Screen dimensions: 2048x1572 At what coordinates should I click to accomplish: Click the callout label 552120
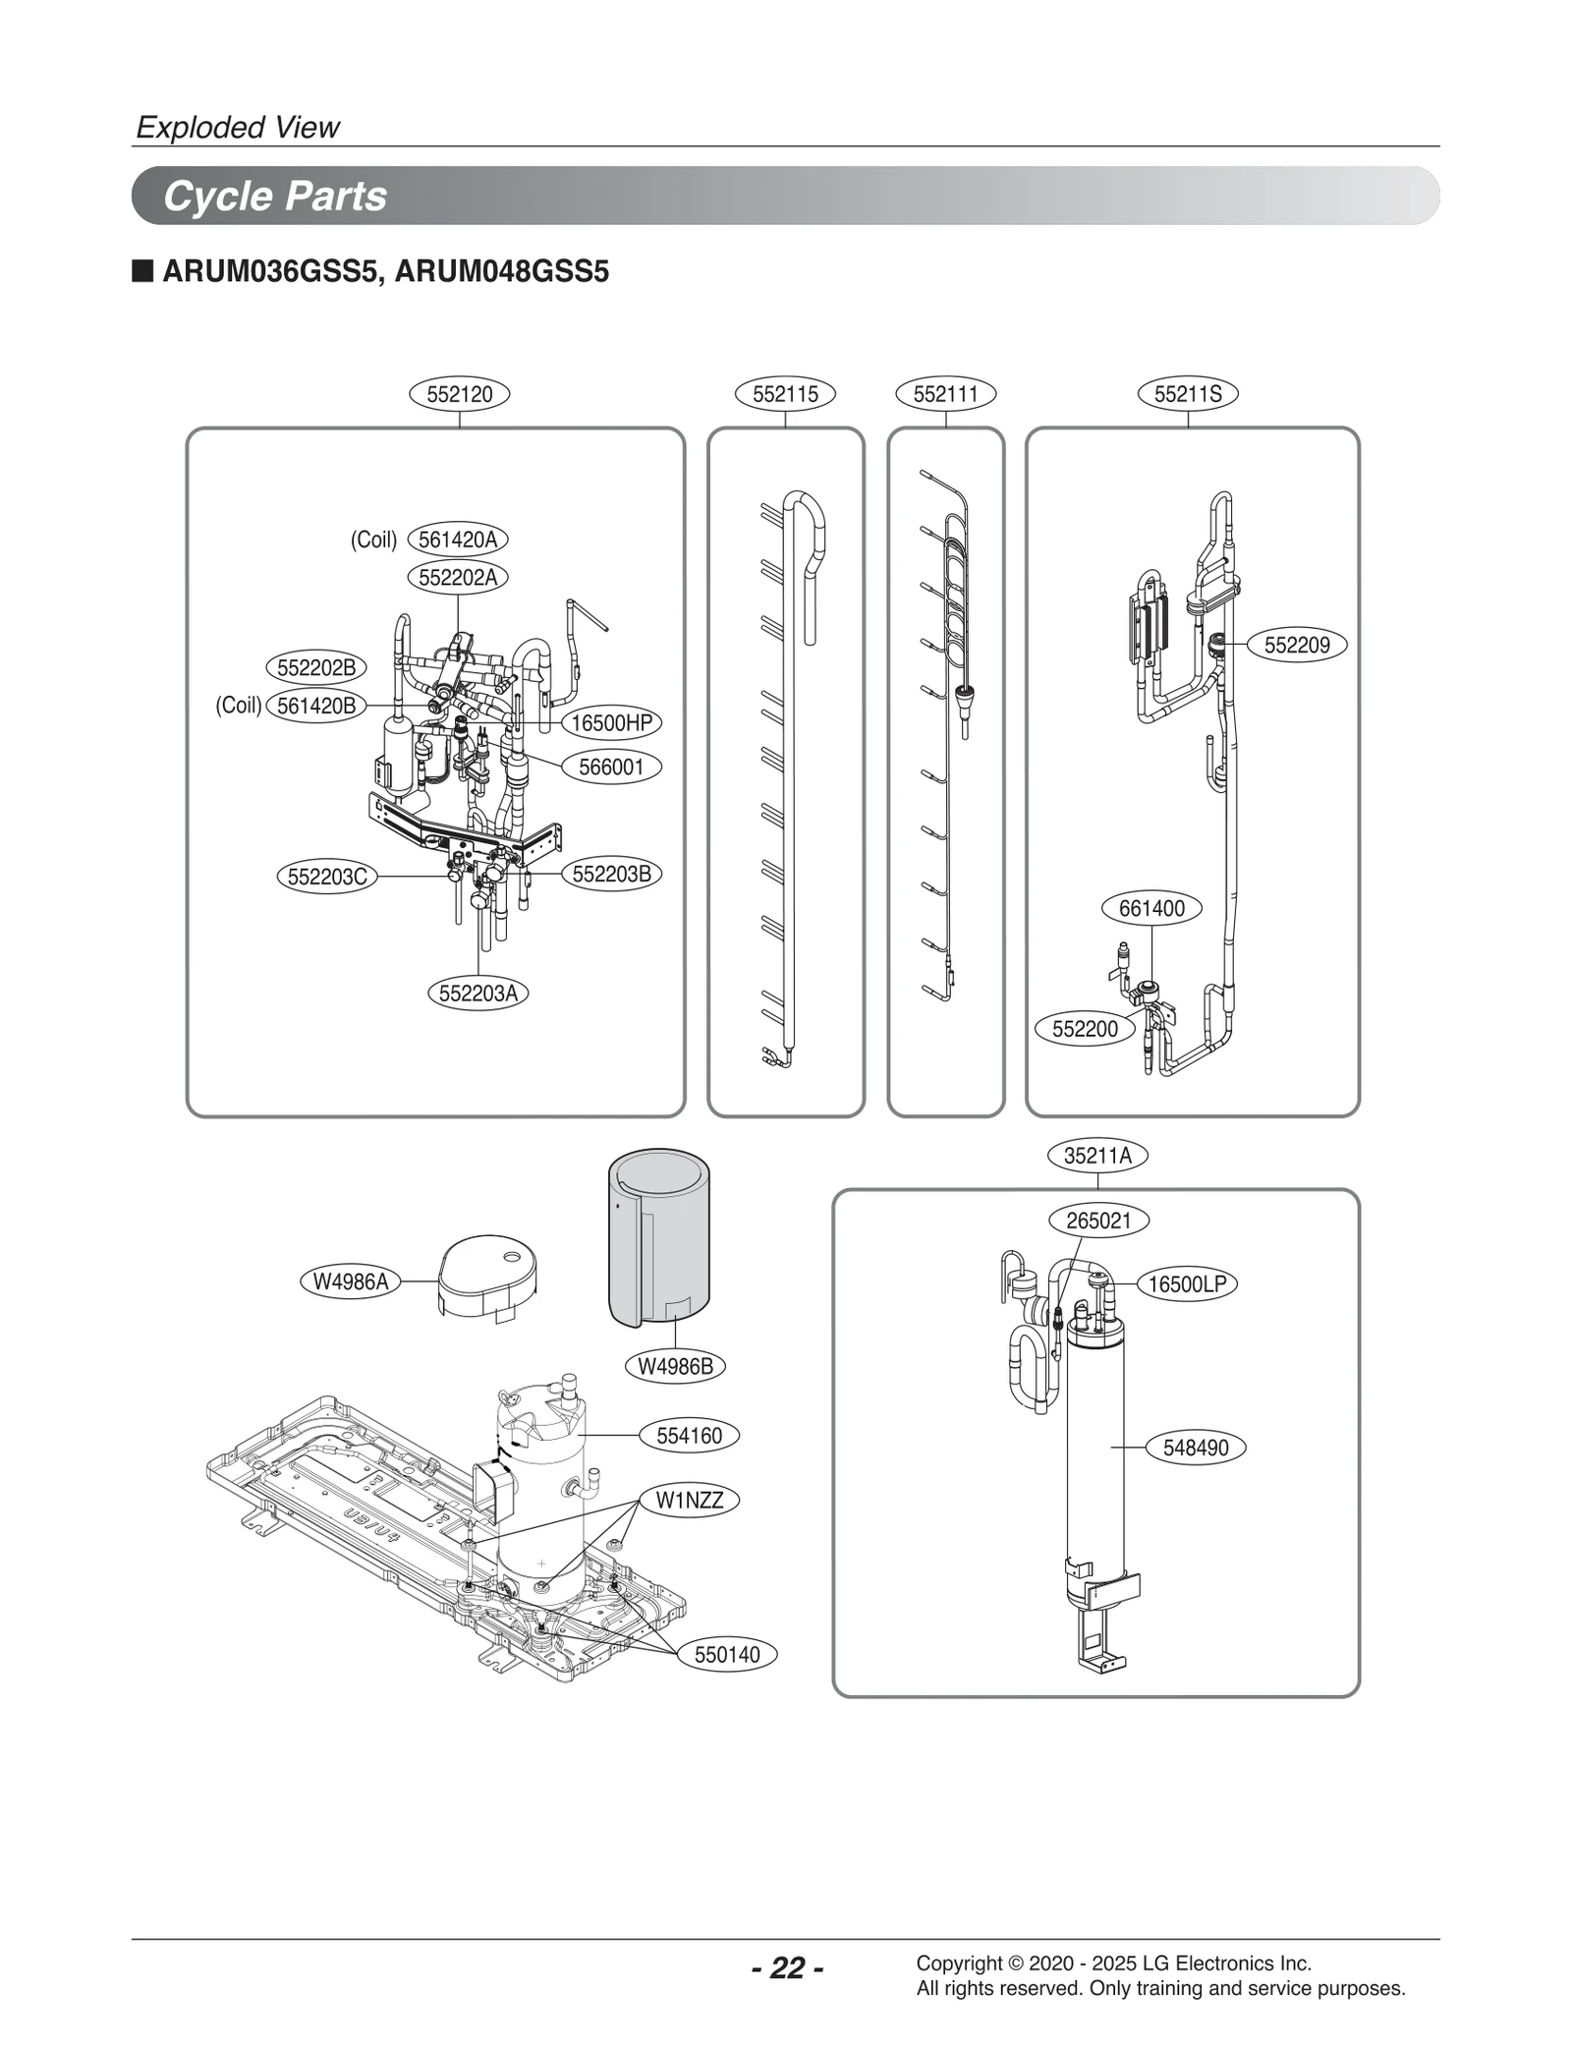(459, 394)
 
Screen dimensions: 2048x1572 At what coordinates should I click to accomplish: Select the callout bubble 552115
(785, 394)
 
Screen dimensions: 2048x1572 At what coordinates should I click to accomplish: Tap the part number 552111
(945, 394)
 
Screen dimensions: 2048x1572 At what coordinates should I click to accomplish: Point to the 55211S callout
(1188, 394)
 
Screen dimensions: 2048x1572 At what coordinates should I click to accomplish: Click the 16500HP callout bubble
(611, 723)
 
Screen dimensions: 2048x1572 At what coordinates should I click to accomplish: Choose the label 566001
(610, 767)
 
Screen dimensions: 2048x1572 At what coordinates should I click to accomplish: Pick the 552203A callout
(477, 994)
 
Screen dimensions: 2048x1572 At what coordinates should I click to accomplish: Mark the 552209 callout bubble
(1296, 646)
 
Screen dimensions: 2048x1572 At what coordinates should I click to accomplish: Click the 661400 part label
(1151, 908)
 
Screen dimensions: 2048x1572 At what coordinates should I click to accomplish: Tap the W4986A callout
(351, 1281)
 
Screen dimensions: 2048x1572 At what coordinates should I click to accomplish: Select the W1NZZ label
(689, 1501)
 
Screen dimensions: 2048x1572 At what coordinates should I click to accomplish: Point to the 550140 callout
(727, 1655)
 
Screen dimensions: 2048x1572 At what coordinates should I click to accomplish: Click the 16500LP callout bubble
(1187, 1284)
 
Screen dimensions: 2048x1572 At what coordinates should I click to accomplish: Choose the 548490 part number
(1195, 1448)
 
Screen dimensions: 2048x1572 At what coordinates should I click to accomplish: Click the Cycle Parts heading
(275, 196)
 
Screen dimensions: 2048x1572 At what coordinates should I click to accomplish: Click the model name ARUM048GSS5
(501, 271)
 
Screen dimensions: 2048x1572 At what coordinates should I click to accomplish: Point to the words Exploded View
(238, 127)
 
